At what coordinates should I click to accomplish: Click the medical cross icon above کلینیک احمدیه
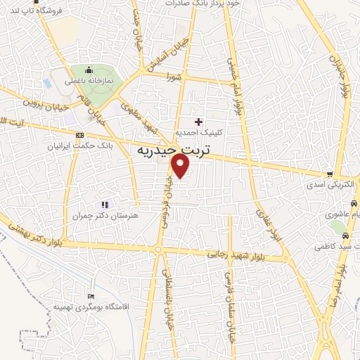coord(198,122)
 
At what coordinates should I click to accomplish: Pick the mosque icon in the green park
coord(89,70)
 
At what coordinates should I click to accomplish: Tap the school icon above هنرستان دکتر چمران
coord(105,205)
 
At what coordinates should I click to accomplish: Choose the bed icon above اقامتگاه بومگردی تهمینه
coord(89,296)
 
